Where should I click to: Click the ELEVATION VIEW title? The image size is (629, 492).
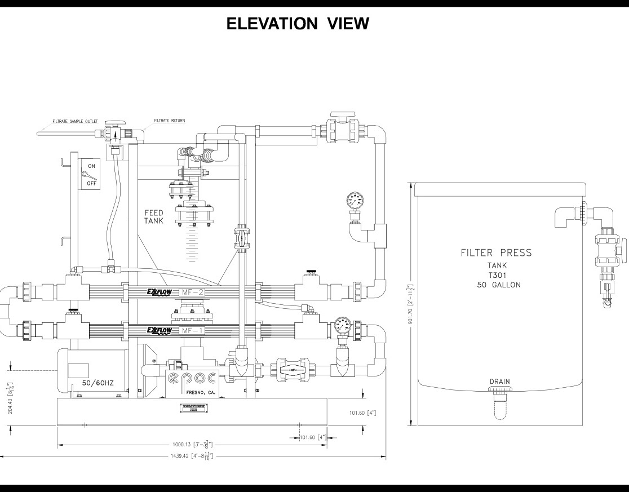298,24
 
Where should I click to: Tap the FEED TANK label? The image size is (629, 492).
153,217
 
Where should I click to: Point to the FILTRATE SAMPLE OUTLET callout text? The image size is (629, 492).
75,121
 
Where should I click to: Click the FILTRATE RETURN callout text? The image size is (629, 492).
169,121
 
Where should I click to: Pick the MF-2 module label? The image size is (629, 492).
189,292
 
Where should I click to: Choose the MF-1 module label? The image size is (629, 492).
189,330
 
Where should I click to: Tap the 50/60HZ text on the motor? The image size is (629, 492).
98,383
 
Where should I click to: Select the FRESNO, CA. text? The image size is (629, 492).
200,392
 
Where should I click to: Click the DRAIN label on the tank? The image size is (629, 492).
499,382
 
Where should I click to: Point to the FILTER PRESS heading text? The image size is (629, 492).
495,252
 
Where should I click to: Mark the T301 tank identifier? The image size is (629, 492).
498,275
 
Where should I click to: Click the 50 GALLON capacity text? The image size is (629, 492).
498,285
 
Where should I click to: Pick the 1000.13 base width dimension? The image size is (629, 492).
192,444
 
